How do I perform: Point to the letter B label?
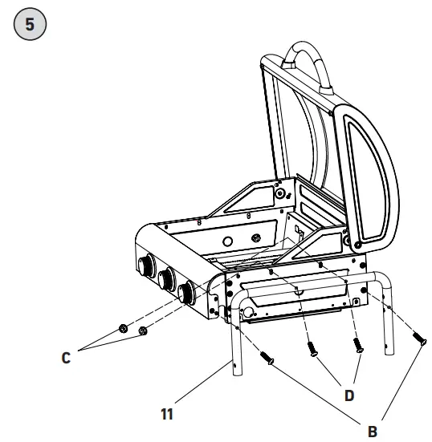tap(372, 429)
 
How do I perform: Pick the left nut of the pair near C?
tap(124, 327)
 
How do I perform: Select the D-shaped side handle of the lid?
tap(370, 172)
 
